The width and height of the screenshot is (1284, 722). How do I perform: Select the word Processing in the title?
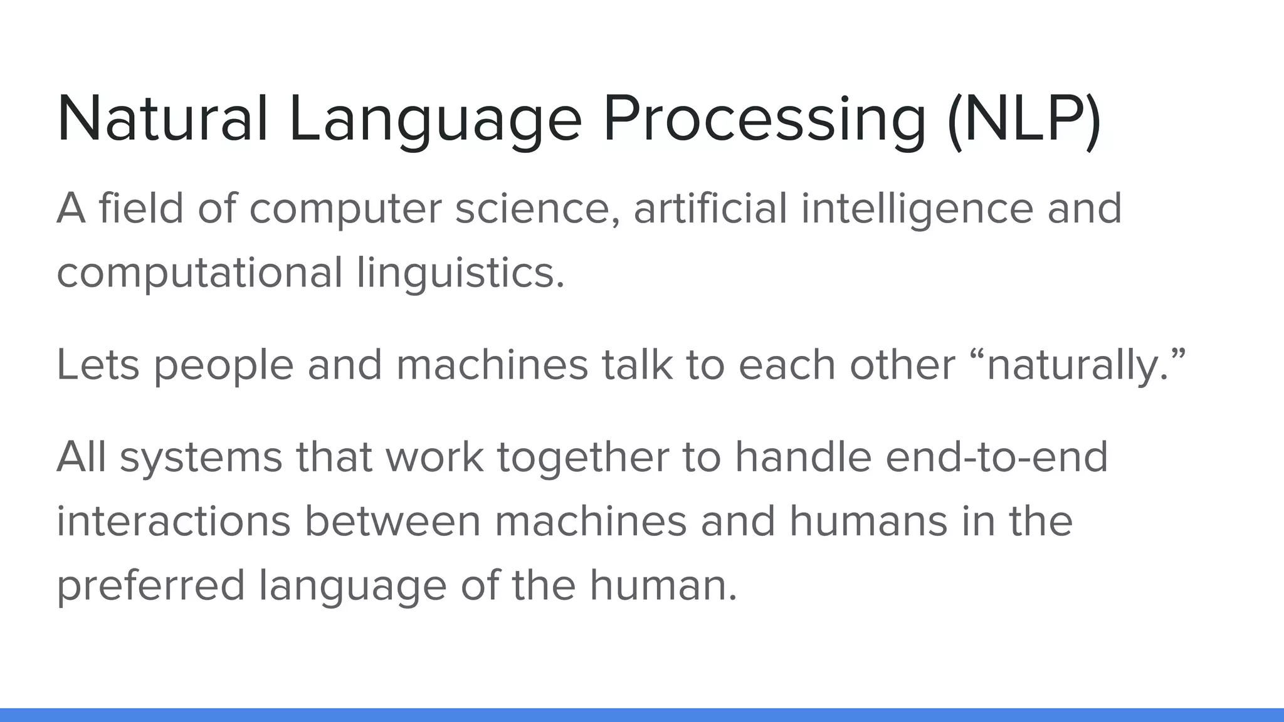pyautogui.click(x=764, y=119)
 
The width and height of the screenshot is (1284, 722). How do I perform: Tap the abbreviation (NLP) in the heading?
pyautogui.click(x=1024, y=119)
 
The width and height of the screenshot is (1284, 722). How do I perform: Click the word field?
pyautogui.click(x=141, y=208)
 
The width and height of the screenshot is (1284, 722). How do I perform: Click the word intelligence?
pyautogui.click(x=917, y=209)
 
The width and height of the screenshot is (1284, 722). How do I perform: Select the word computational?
pyautogui.click(x=199, y=273)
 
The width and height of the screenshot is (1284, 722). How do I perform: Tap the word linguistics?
pyautogui.click(x=460, y=273)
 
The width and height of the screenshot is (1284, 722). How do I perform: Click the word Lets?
pyautogui.click(x=98, y=365)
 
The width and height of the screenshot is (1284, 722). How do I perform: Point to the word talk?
pyautogui.click(x=637, y=365)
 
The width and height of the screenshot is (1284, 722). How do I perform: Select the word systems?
pyautogui.click(x=201, y=458)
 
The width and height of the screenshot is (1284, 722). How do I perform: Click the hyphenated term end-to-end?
pyautogui.click(x=997, y=458)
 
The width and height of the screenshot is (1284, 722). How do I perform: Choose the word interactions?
pyautogui.click(x=174, y=521)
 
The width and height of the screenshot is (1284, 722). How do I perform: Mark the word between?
pyautogui.click(x=392, y=521)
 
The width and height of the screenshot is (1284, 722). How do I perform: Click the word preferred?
pyautogui.click(x=150, y=585)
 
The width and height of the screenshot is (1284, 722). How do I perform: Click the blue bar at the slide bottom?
pyautogui.click(x=642, y=715)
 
